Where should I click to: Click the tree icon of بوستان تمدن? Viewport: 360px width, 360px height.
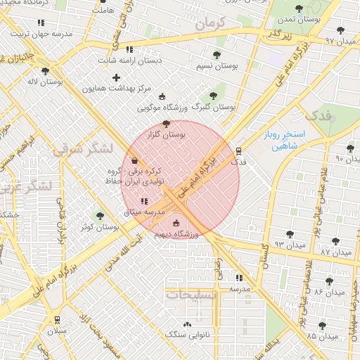point(300,9)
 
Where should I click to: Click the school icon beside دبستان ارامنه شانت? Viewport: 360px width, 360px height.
point(129,49)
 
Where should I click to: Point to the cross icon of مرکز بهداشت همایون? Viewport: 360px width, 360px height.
point(117,77)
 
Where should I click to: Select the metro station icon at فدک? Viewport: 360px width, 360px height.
point(239,150)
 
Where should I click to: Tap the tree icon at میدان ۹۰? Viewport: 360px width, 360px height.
point(350,148)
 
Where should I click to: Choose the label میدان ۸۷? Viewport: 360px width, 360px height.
point(335,251)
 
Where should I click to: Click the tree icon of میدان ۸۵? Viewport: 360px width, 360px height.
point(322,326)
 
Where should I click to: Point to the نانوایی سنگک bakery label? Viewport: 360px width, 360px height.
point(187,335)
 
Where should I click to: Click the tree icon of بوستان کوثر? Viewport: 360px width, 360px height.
point(99,216)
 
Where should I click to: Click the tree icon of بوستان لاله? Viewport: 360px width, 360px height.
point(46,71)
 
